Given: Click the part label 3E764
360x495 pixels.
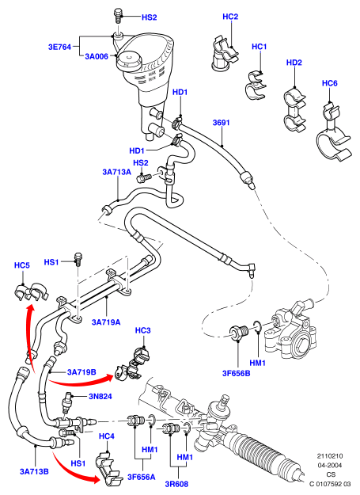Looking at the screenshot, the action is tap(59, 47).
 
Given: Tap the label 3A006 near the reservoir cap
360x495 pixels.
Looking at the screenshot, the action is tap(97, 56).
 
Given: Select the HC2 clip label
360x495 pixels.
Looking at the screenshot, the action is tap(230, 17).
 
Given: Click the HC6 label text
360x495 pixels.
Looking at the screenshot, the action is tap(329, 83).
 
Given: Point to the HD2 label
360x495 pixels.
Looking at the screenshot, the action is tap(294, 63).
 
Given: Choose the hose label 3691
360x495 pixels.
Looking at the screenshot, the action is tap(221, 123).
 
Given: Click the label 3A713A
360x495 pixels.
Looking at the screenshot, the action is tap(116, 172).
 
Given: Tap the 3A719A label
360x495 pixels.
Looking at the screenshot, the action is tap(106, 322).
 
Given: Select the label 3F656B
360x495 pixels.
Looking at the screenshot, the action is tap(236, 373).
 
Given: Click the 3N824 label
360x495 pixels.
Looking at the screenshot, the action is tap(100, 396).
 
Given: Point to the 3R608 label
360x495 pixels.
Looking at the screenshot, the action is tap(176, 484).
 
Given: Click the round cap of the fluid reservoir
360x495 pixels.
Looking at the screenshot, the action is tap(129, 61).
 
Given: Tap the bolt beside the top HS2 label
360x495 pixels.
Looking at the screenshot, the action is tap(118, 16).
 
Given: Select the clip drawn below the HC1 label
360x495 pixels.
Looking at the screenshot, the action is tap(255, 86).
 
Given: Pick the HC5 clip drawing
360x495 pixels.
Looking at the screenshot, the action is tap(31, 291).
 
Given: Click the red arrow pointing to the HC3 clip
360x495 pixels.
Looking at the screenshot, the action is tap(80, 382).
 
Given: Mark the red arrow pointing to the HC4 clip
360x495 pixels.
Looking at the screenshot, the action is tap(74, 466).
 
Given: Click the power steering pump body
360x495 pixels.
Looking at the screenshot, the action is tap(290, 331).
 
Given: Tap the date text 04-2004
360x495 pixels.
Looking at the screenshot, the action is tap(329, 466).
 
